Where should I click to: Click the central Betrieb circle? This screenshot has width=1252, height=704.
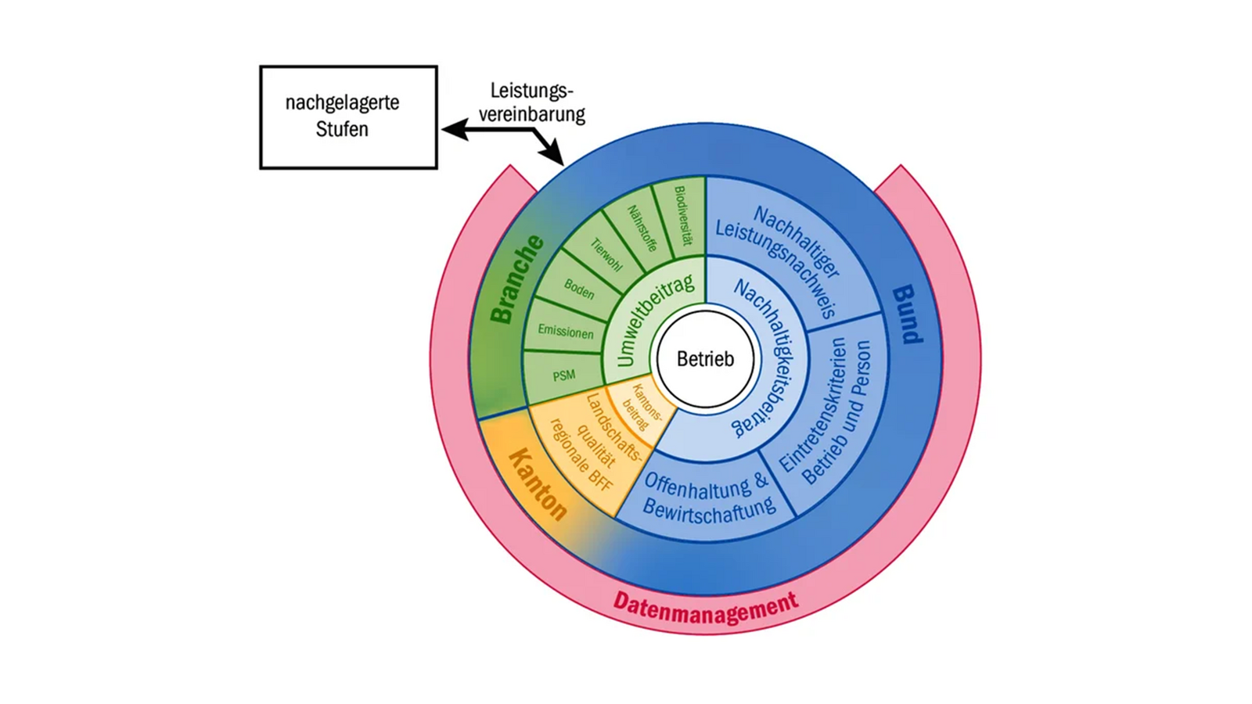pyautogui.click(x=705, y=359)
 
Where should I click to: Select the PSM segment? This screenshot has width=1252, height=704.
pyautogui.click(x=563, y=376)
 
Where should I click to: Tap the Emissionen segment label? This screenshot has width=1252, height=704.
pyautogui.click(x=565, y=332)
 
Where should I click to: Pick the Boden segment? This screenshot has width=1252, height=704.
pyautogui.click(x=579, y=289)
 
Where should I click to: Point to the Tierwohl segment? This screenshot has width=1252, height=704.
pyautogui.click(x=606, y=255)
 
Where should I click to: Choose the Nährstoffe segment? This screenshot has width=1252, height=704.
pyautogui.click(x=642, y=228)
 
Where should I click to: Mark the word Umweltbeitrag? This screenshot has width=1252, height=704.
pyautogui.click(x=653, y=321)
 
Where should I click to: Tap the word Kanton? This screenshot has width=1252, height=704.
pyautogui.click(x=538, y=485)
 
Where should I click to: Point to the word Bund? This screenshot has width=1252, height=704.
pyautogui.click(x=908, y=314)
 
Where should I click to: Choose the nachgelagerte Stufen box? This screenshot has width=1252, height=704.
pyautogui.click(x=348, y=117)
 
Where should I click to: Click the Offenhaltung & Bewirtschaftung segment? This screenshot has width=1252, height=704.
pyautogui.click(x=707, y=497)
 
